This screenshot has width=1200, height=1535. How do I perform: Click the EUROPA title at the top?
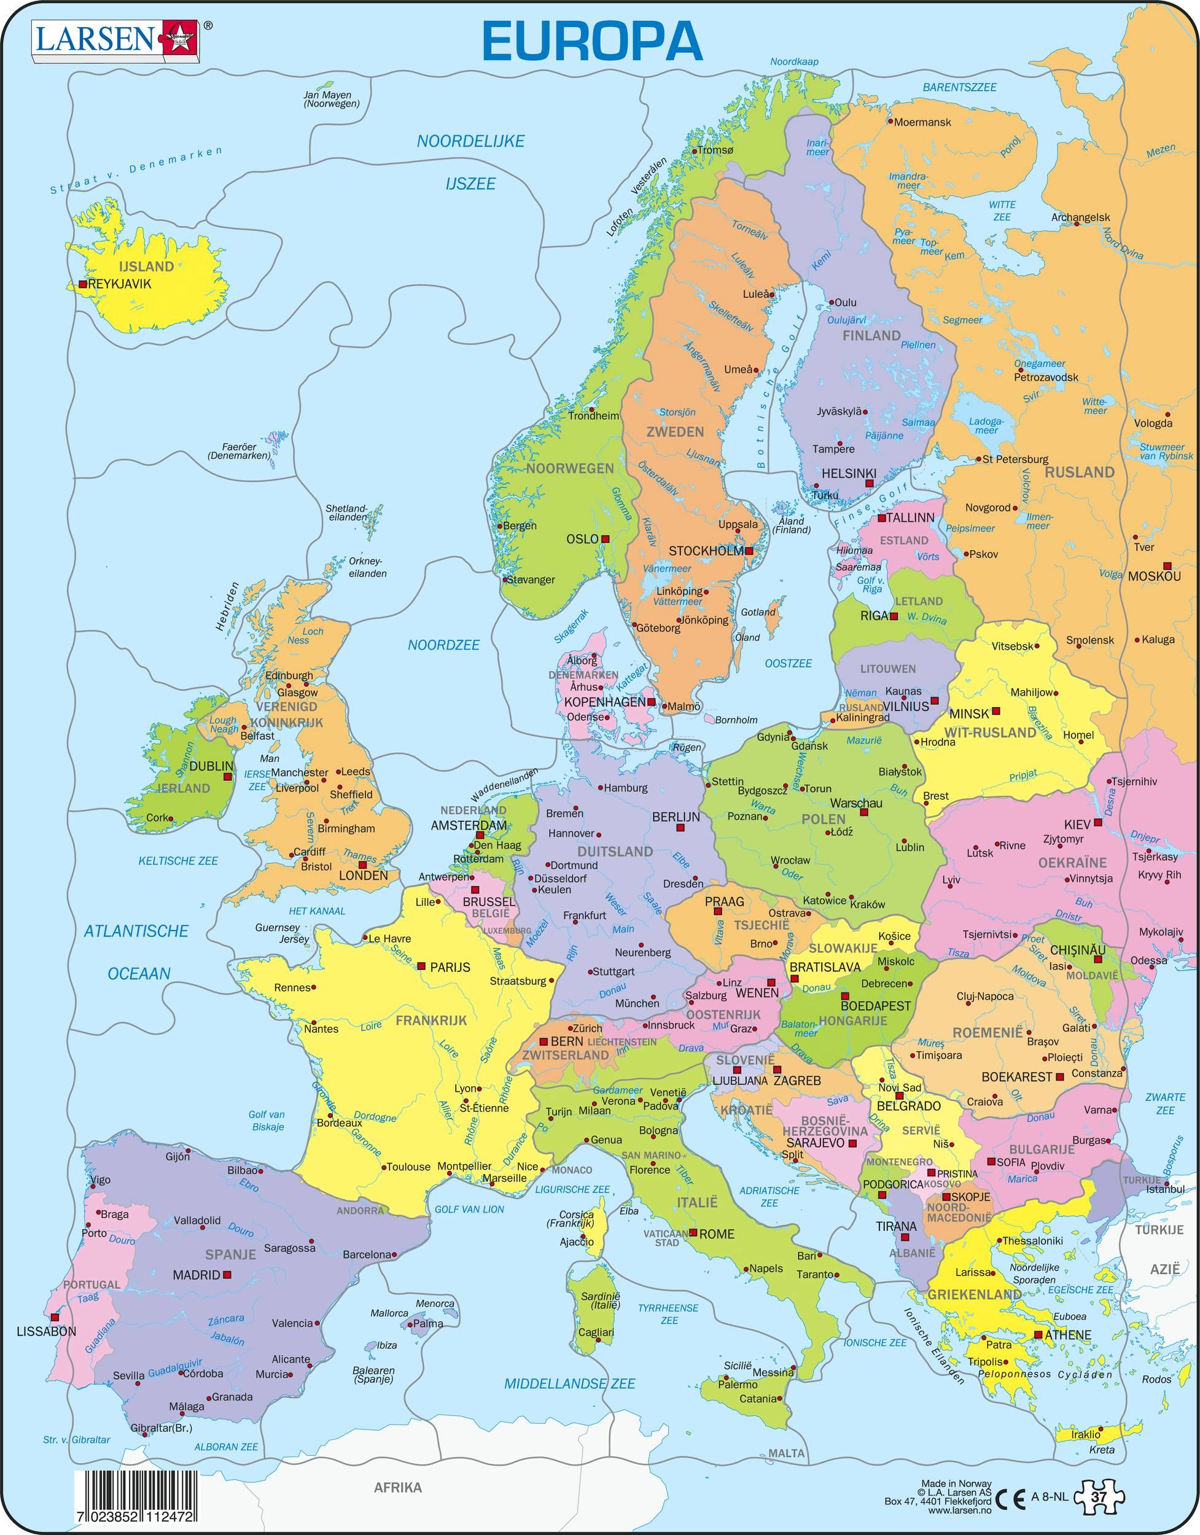pyautogui.click(x=592, y=42)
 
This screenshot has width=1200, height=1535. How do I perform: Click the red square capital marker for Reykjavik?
pyautogui.click(x=83, y=285)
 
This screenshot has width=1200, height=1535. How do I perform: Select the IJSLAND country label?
pyautogui.click(x=146, y=266)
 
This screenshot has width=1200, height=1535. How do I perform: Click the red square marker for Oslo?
pyautogui.click(x=604, y=539)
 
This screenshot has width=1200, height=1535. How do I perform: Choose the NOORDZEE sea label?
pyautogui.click(x=443, y=645)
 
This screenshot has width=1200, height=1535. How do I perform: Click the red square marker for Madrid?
pyautogui.click(x=227, y=1274)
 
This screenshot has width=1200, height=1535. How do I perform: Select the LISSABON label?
pyautogui.click(x=45, y=1331)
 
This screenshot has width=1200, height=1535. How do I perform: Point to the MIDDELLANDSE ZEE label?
pyautogui.click(x=569, y=1384)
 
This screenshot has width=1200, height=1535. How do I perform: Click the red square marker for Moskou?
pyautogui.click(x=1167, y=565)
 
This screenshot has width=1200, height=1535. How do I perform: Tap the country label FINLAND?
pyautogui.click(x=871, y=335)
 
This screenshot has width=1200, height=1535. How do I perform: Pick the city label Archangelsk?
pyautogui.click(x=1080, y=217)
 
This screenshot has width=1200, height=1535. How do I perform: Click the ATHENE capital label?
pyautogui.click(x=1067, y=1335)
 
